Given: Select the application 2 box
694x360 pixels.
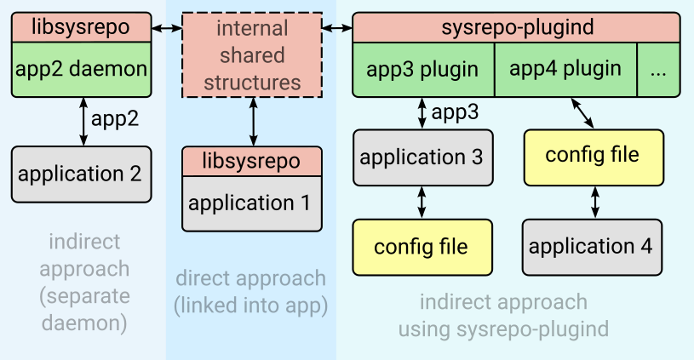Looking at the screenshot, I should coord(80,174).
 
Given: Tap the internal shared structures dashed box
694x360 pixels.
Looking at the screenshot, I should coord(252,55).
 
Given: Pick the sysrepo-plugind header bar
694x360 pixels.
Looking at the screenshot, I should coord(517,27).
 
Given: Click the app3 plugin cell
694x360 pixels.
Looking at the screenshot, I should coord(422,70).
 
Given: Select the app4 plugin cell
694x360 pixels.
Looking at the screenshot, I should coord(565,70).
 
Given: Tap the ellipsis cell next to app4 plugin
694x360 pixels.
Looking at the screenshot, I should coord(658,70).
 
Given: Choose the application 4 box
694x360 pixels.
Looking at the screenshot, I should coord(591,247).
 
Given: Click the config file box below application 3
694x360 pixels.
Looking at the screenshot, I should coord(422,247).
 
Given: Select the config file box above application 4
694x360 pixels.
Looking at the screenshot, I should coord(592,156).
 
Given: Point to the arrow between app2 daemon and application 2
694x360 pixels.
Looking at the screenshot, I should coord(82,121).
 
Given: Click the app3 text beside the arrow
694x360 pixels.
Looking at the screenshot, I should coord(456,112).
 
